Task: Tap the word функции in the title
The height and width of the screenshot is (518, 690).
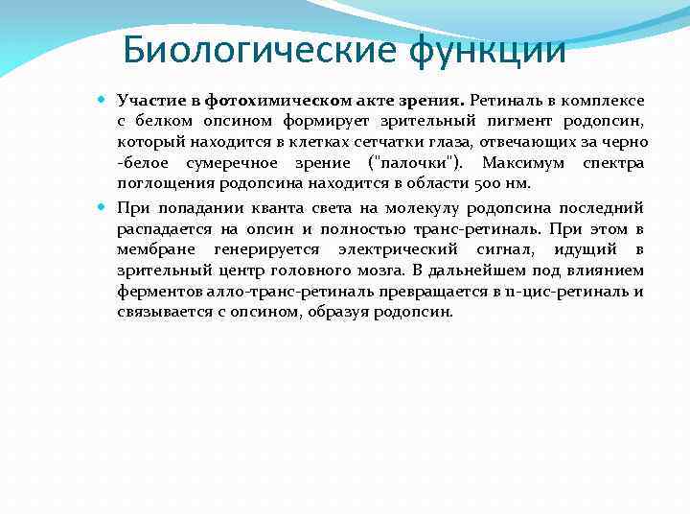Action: [488, 47]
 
